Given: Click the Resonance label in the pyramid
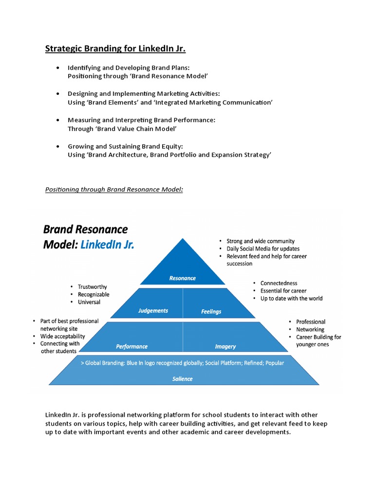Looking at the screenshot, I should click(x=182, y=278).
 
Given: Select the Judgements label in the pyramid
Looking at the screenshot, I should click(x=153, y=311).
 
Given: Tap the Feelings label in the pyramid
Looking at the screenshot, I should click(x=211, y=311).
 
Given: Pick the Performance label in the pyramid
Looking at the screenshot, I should click(x=131, y=346).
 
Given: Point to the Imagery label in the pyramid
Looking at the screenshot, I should click(x=225, y=346).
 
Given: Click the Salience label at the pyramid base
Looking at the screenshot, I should click(x=182, y=379).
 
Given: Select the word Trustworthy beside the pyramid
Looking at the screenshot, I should click(x=92, y=287).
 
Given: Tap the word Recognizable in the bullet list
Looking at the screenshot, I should click(x=93, y=294).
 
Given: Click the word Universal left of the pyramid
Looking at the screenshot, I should click(x=89, y=302).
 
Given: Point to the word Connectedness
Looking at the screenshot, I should click(x=279, y=283).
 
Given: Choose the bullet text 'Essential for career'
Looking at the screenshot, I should click(x=283, y=291).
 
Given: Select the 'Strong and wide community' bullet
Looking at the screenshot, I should click(x=261, y=241).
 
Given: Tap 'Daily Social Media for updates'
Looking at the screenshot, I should click(x=263, y=249).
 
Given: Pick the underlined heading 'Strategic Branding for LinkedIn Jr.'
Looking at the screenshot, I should click(x=115, y=49).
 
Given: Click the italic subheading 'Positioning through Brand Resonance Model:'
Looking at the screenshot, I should click(x=114, y=189).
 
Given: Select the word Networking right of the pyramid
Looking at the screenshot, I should click(x=310, y=329).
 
